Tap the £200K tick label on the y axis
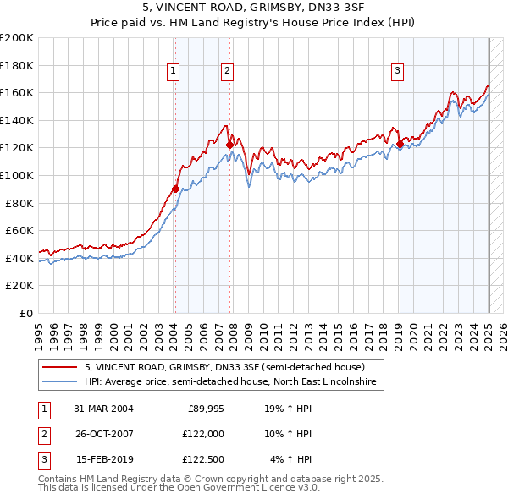coord(17,38)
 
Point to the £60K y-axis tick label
coord(19,230)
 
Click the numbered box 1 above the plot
coord(174,72)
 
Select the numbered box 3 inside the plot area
coord(398,72)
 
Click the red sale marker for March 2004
coord(175,189)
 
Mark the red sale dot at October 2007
coord(229,145)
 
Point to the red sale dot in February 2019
coord(399,144)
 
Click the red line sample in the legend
coord(59,367)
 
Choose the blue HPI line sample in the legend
coord(59,382)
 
